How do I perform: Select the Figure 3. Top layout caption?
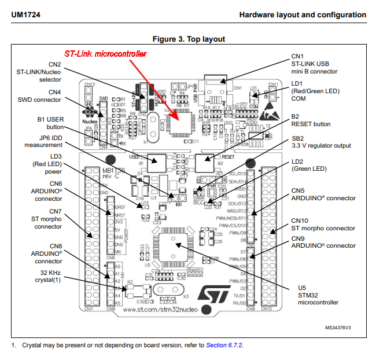pos(188,39)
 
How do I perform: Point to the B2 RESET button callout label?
pos(311,120)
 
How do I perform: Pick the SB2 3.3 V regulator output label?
pos(320,142)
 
